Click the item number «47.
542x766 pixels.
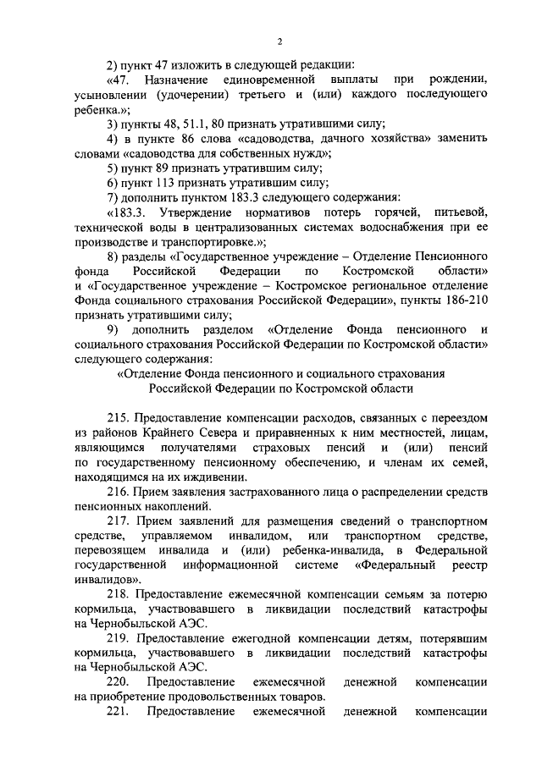click(123, 80)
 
